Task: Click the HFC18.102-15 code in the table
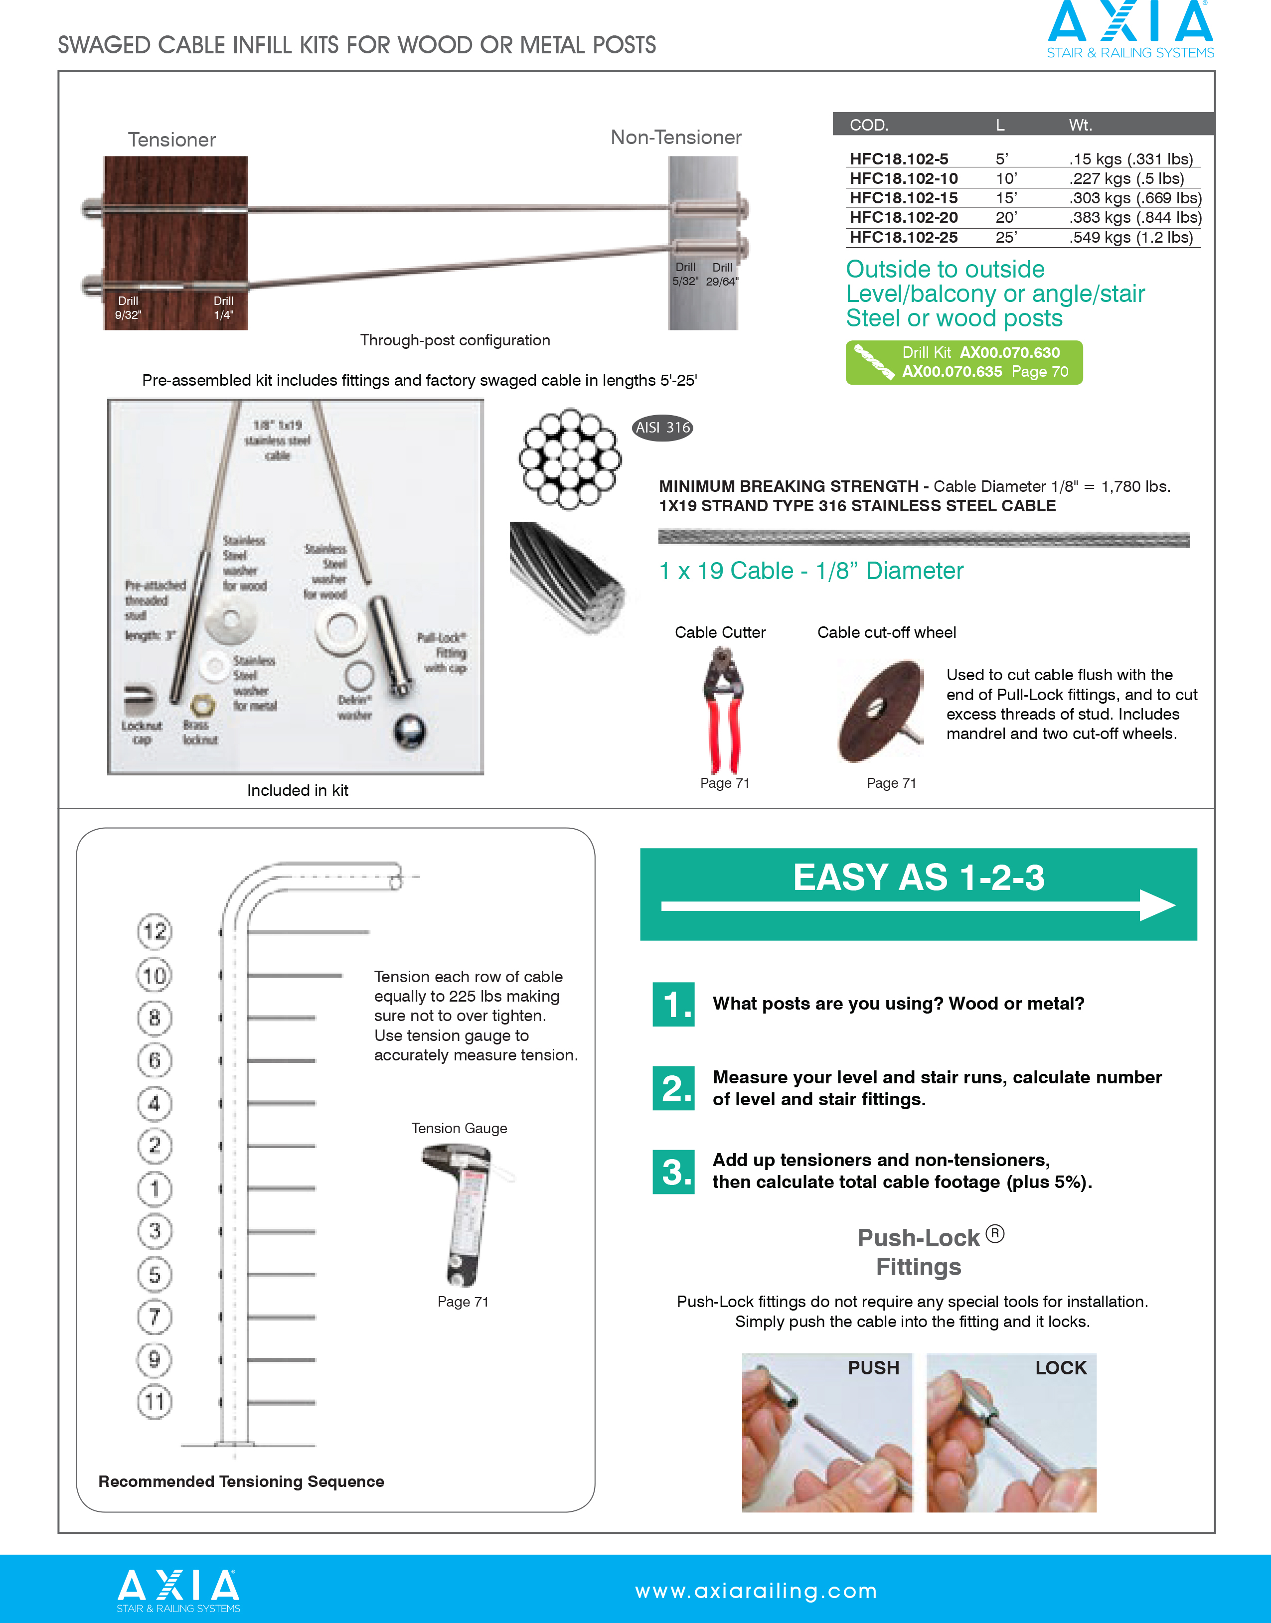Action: (903, 198)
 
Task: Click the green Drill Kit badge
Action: (963, 362)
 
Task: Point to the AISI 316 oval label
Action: (662, 428)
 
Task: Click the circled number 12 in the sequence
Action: (155, 931)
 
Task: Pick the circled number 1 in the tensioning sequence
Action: (155, 1188)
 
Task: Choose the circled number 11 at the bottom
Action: (155, 1402)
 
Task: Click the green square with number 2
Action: (673, 1088)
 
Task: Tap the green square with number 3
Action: (673, 1172)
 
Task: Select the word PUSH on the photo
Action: (874, 1368)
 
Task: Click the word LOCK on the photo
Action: (1060, 1368)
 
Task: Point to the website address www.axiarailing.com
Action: (756, 1591)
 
